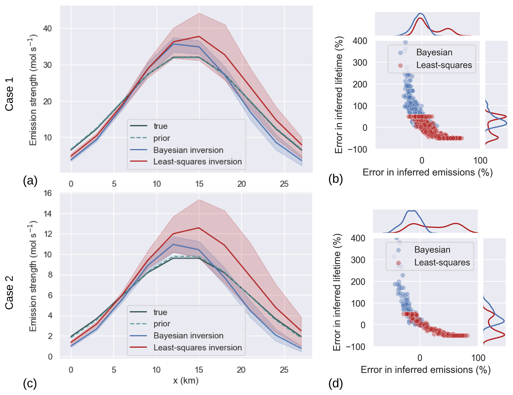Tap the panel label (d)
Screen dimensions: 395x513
[335, 383]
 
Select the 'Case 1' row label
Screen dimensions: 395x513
[9, 94]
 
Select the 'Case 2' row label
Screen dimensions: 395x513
[9, 293]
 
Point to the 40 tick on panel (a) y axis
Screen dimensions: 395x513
[47, 28]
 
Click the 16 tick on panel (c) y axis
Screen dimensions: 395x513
[48, 193]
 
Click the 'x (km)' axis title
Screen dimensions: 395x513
[186, 381]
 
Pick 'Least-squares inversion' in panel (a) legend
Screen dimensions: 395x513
[197, 162]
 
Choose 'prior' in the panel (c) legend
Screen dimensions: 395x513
[162, 324]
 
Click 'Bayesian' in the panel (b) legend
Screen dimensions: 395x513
[434, 52]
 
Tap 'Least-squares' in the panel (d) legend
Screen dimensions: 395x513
[442, 263]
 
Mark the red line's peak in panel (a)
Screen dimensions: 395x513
[199, 36]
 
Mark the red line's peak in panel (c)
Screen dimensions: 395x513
[199, 228]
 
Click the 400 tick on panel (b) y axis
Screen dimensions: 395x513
[360, 41]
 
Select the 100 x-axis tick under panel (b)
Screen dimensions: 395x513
[480, 160]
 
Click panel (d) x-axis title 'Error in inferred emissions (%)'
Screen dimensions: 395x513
[425, 370]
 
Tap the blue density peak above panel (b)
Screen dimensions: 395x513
[420, 13]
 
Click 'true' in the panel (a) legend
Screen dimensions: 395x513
[161, 126]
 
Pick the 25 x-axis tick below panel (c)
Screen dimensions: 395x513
[284, 370]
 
